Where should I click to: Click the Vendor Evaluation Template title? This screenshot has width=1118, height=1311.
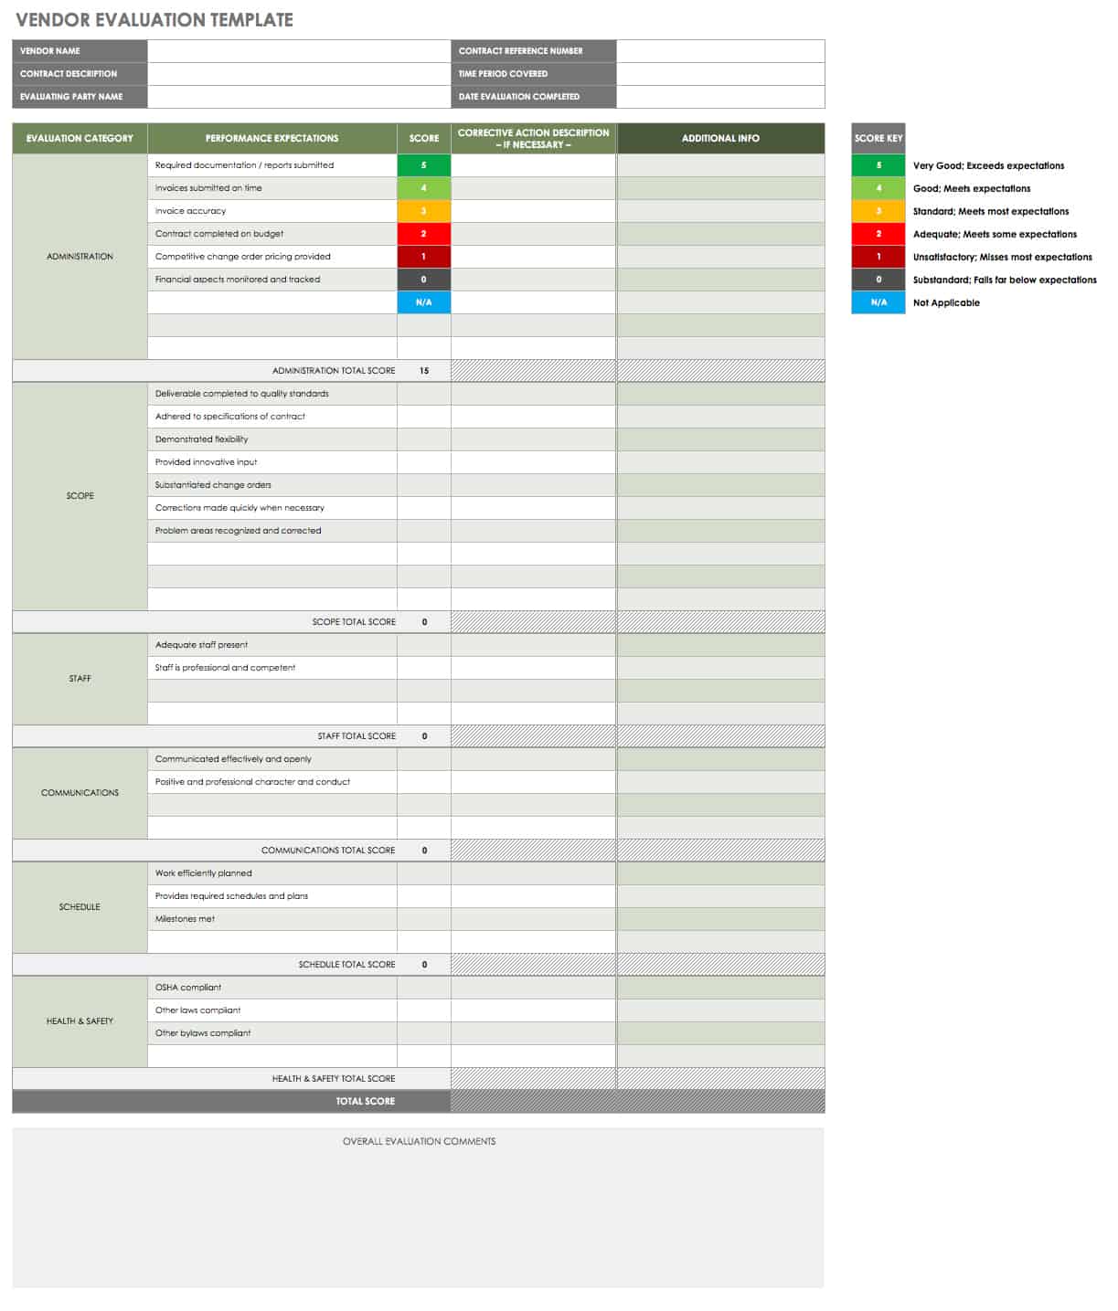click(x=154, y=19)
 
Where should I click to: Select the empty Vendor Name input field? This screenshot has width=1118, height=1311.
click(x=298, y=51)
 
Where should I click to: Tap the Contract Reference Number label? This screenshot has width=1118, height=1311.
click(x=520, y=51)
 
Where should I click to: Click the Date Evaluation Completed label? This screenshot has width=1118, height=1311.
click(x=518, y=97)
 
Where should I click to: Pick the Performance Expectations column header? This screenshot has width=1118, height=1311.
click(x=272, y=139)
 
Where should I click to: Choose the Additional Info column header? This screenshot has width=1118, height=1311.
click(x=720, y=139)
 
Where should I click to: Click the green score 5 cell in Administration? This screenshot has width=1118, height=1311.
click(x=423, y=165)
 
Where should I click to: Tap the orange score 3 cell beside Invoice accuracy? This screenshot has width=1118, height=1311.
click(x=423, y=211)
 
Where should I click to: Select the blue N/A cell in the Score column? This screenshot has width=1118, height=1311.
click(x=423, y=302)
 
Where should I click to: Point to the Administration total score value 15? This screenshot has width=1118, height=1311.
click(x=424, y=371)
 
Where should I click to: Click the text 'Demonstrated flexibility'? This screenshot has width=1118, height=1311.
click(x=201, y=439)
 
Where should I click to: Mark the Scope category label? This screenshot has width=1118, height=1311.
click(x=80, y=496)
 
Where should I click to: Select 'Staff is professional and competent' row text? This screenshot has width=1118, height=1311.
click(x=225, y=668)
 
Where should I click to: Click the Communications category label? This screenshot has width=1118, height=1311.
click(x=80, y=793)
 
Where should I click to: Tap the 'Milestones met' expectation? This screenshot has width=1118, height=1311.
click(x=185, y=919)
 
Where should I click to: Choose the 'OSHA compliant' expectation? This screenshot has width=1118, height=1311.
click(x=188, y=988)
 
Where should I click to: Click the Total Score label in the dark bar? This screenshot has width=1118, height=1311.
click(x=365, y=1102)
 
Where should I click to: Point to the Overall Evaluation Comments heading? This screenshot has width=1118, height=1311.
click(x=419, y=1142)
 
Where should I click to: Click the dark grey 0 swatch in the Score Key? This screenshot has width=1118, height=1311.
click(x=878, y=280)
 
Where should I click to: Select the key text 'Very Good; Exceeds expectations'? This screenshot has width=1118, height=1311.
click(x=988, y=166)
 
